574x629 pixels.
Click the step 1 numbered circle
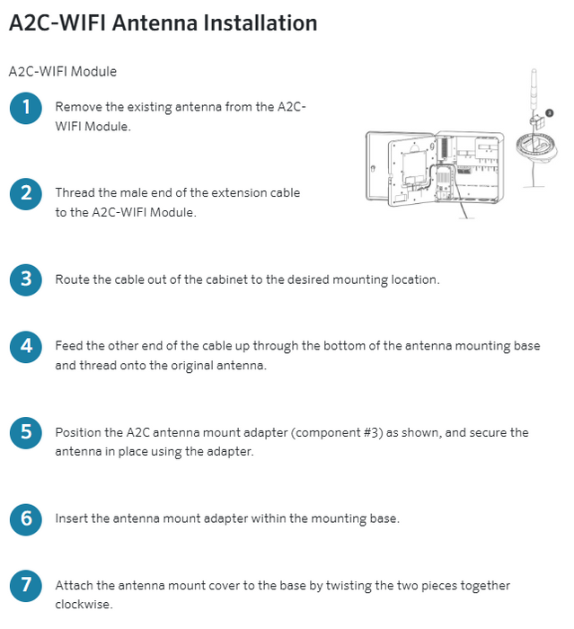coord(26,108)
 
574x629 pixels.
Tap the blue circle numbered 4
coord(26,345)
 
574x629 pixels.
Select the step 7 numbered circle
coord(26,585)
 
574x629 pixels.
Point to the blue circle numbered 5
coord(26,432)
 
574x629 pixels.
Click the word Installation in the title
coord(260,23)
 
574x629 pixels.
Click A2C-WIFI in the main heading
coord(57,23)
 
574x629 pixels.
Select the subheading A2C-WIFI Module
coord(62,71)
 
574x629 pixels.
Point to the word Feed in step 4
coord(69,346)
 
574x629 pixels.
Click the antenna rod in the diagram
coord(533,90)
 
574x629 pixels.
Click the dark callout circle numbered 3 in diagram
coord(549,113)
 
